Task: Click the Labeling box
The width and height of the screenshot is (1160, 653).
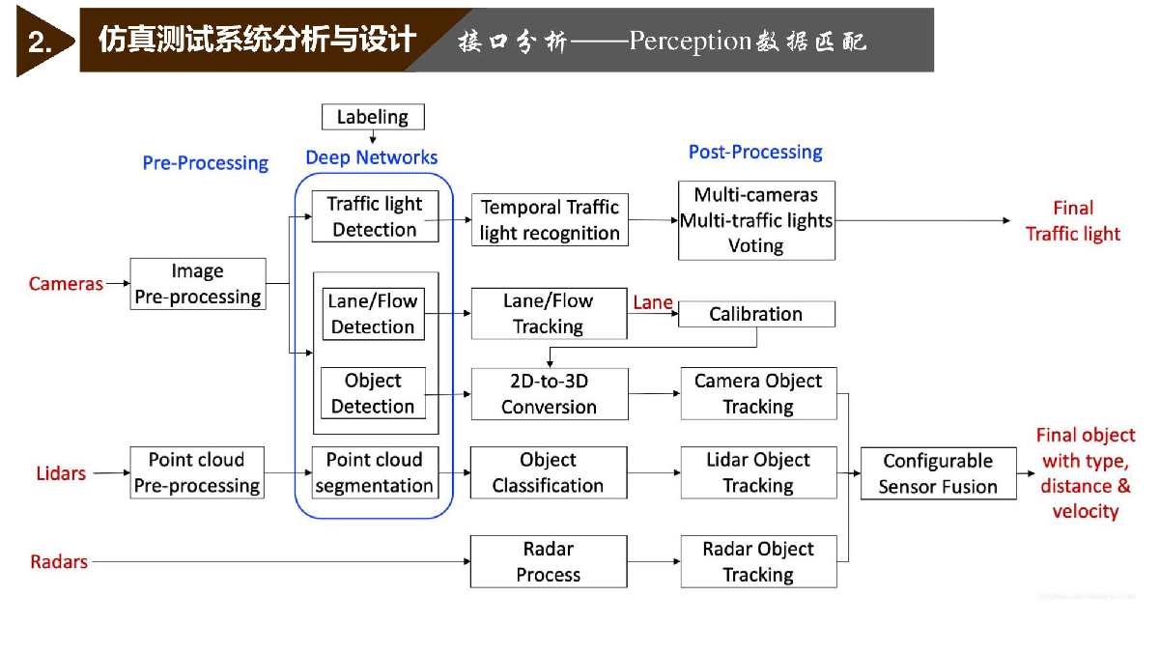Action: [x=373, y=117]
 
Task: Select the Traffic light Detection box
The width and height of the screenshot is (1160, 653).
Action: [x=375, y=216]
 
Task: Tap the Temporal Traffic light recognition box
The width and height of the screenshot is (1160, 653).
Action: [x=550, y=220]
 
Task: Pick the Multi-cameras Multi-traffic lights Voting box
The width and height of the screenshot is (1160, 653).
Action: [x=756, y=220]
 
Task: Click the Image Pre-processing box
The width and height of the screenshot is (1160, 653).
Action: [x=198, y=284]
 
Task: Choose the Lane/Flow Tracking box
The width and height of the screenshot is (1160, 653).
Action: [x=549, y=314]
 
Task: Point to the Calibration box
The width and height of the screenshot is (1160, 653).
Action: [x=756, y=314]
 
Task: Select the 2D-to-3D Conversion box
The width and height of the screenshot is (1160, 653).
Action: [x=550, y=394]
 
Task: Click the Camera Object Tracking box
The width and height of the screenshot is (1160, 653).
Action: [x=758, y=393]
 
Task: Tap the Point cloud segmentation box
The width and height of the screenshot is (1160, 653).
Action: [x=375, y=472]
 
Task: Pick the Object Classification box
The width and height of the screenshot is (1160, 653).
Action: [x=549, y=472]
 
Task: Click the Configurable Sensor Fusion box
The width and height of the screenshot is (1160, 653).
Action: [x=939, y=473]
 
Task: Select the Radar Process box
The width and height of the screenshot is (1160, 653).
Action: [x=549, y=561]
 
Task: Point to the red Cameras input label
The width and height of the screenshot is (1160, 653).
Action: [x=66, y=284]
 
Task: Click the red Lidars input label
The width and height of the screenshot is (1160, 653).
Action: [x=61, y=473]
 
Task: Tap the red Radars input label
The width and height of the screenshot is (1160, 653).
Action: [x=59, y=562]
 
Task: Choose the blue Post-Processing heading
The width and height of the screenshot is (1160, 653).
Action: [x=755, y=153]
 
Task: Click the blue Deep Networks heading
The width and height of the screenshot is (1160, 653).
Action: [x=371, y=157]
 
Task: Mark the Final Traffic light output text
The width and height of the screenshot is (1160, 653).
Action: [x=1073, y=221]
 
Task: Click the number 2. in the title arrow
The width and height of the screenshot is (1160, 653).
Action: [x=40, y=42]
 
